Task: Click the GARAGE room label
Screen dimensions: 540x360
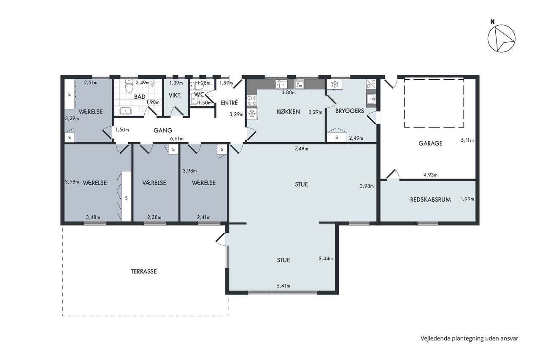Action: (x=430, y=143)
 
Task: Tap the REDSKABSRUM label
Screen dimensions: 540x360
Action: (x=430, y=200)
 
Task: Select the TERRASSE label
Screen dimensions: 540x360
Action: (x=144, y=271)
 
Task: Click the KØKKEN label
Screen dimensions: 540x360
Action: (x=288, y=112)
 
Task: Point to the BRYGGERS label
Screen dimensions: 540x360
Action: (x=350, y=111)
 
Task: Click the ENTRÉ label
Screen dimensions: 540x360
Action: (x=229, y=103)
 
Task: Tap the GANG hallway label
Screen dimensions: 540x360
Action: (x=163, y=130)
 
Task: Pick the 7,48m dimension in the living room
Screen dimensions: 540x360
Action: (x=301, y=149)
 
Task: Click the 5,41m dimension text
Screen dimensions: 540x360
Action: (x=283, y=286)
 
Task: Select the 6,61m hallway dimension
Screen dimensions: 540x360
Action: (x=177, y=139)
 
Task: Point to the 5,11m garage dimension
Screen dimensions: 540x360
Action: (x=467, y=141)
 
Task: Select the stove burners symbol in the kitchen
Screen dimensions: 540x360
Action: (x=252, y=100)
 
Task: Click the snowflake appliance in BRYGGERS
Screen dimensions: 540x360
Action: (x=335, y=84)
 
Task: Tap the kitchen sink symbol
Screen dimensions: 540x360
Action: (x=281, y=85)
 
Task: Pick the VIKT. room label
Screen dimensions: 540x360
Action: (x=175, y=95)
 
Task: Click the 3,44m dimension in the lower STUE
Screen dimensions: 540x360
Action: (x=326, y=259)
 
